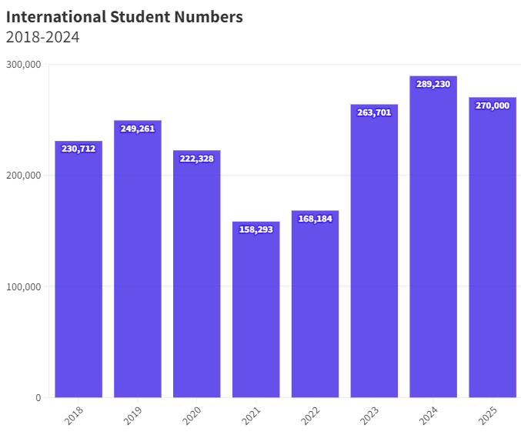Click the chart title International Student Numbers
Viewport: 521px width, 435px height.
coord(125,16)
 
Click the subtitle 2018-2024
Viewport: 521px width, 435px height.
coord(43,37)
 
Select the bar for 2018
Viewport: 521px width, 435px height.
coord(78,269)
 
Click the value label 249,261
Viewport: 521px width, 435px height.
coord(138,129)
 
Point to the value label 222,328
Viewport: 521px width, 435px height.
coord(197,159)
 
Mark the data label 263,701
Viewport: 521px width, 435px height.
coord(374,112)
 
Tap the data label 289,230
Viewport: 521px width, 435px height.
coord(433,84)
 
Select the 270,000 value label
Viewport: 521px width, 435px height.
coord(493,105)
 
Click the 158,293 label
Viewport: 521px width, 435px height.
coord(255,229)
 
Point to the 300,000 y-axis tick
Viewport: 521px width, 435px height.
coord(23,65)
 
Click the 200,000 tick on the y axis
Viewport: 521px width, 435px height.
coord(23,176)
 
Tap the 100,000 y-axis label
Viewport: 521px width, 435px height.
coord(23,286)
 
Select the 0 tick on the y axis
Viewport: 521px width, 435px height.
coord(38,397)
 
